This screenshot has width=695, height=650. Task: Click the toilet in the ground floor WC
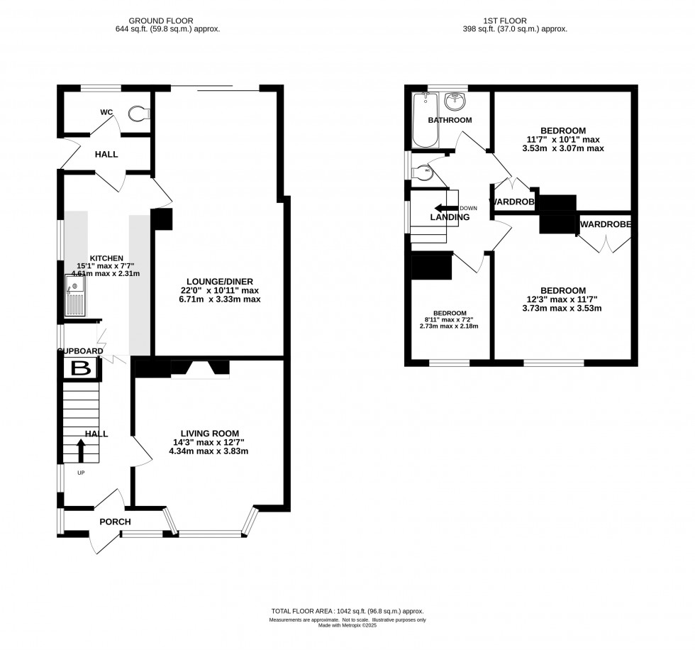pyautogui.click(x=139, y=112)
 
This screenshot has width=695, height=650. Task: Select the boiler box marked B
pyautogui.click(x=81, y=368)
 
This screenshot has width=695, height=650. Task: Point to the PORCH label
pyautogui.click(x=115, y=522)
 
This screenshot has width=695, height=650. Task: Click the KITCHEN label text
pyautogui.click(x=106, y=258)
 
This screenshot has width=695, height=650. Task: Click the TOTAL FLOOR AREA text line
pyautogui.click(x=347, y=611)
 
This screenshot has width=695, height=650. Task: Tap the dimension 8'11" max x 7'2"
pyautogui.click(x=450, y=320)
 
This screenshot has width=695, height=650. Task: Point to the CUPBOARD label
pyautogui.click(x=81, y=351)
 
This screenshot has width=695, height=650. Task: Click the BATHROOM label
pyautogui.click(x=450, y=120)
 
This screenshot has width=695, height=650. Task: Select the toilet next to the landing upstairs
pyautogui.click(x=423, y=171)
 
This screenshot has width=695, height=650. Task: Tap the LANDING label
pyautogui.click(x=450, y=218)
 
